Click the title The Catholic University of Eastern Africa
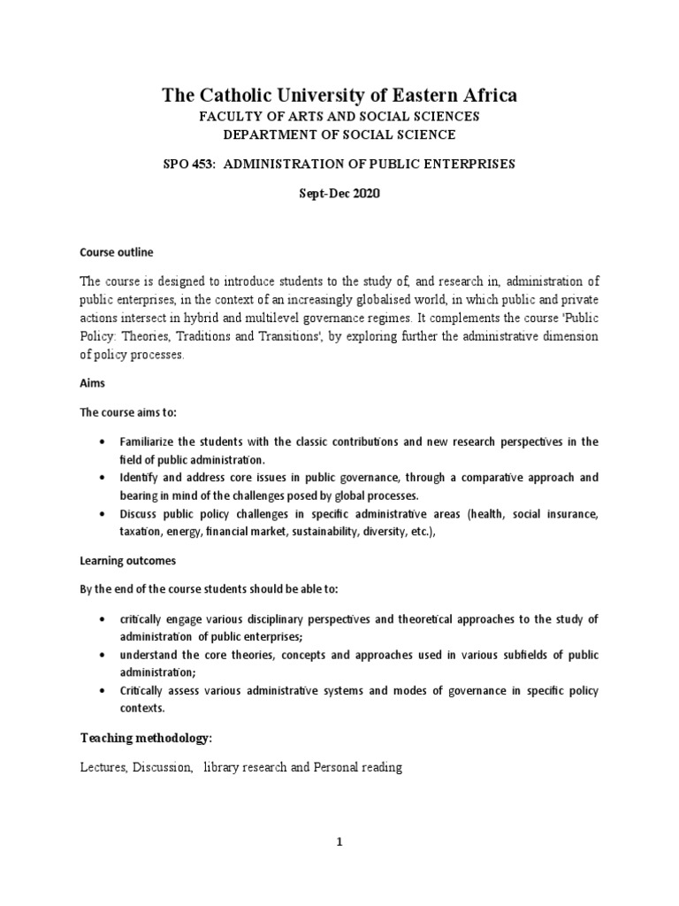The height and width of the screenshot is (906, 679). pyautogui.click(x=339, y=96)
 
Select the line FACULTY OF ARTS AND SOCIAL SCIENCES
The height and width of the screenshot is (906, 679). pyautogui.click(x=339, y=117)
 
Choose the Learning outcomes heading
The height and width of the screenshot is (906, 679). pyautogui.click(x=127, y=560)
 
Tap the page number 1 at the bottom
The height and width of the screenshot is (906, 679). pyautogui.click(x=339, y=843)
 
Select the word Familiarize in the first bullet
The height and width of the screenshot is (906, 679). pyautogui.click(x=151, y=441)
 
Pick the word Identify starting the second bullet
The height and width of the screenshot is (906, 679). pyautogui.click(x=140, y=477)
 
